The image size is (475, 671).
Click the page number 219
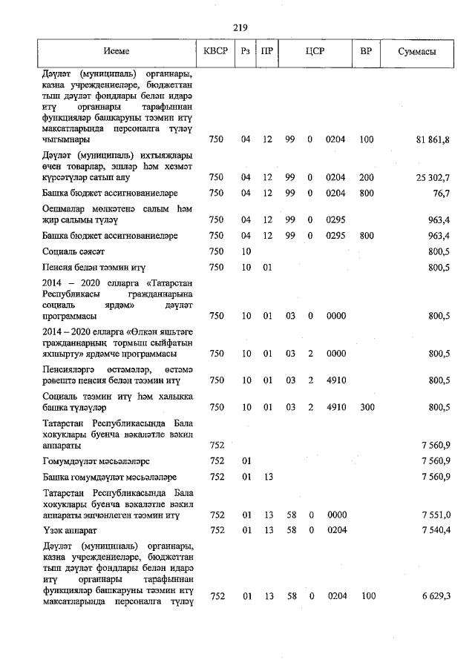[239, 27]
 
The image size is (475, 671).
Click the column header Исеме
[117, 51]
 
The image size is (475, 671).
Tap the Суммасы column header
[416, 51]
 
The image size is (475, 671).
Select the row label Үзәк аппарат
[71, 532]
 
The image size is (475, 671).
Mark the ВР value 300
[366, 407]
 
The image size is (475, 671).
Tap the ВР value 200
[366, 177]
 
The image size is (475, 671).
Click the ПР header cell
[266, 51]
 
